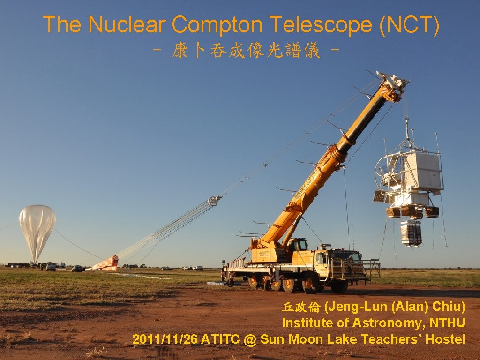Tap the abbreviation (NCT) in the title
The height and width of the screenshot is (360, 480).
click(409, 25)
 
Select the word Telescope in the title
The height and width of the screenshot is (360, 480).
click(323, 25)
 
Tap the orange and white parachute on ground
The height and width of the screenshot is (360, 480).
click(106, 264)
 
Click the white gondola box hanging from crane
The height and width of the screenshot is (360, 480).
click(422, 171)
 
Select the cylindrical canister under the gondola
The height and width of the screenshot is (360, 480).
click(411, 233)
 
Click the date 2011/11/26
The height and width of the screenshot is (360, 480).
click(165, 339)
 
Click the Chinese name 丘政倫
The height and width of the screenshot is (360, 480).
click(301, 307)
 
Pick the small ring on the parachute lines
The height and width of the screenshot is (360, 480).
click(215, 201)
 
